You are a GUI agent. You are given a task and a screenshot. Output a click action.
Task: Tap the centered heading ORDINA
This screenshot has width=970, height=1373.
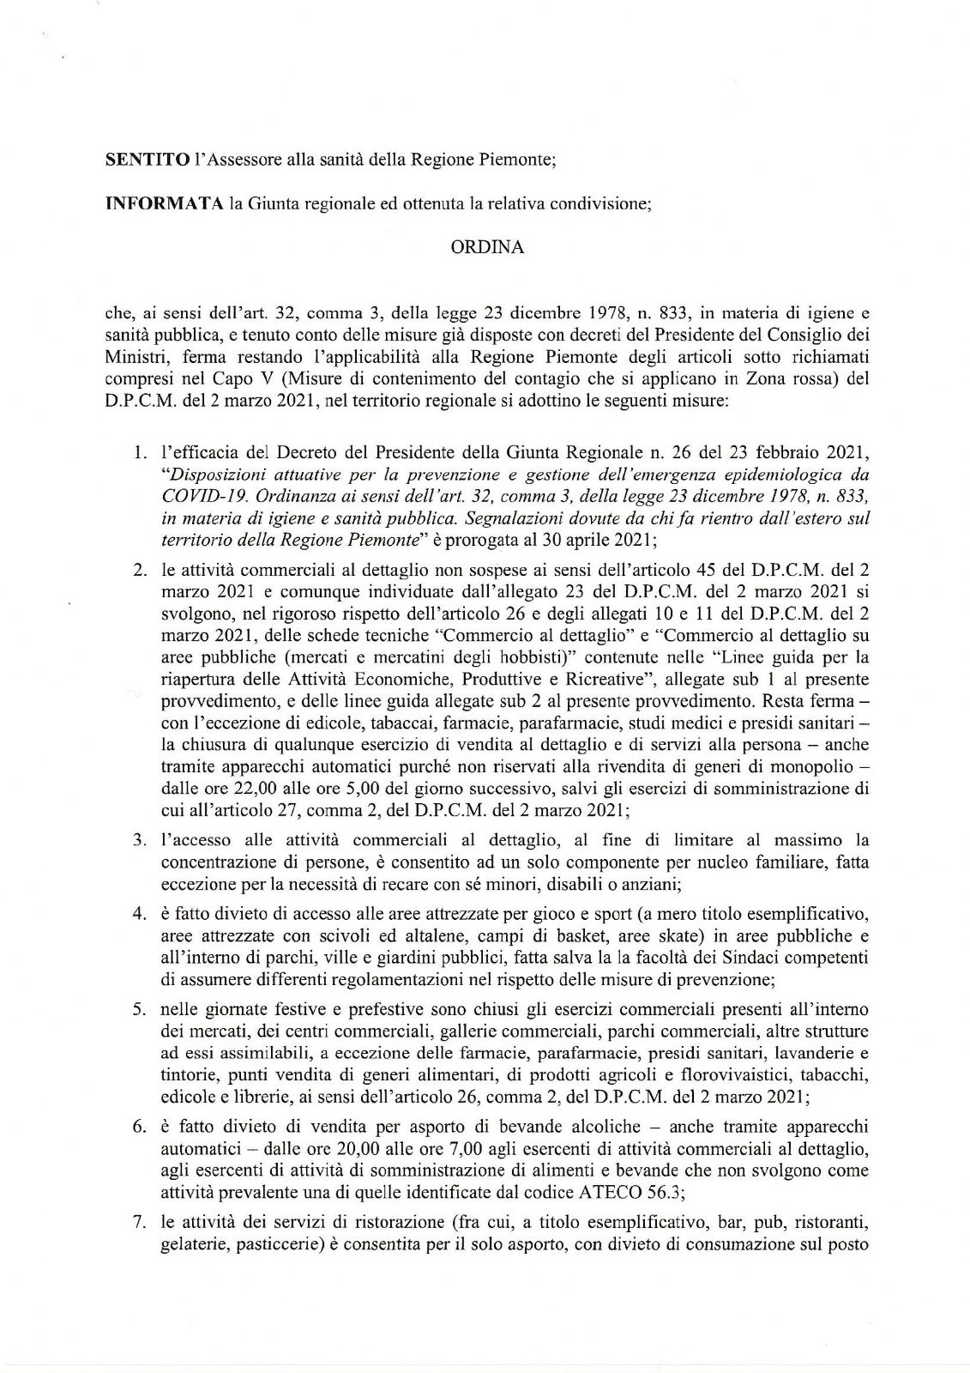(x=487, y=247)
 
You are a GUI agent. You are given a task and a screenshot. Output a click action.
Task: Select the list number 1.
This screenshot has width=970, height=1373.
(x=138, y=451)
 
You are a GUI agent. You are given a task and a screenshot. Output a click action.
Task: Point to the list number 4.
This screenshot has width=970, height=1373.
(x=137, y=913)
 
